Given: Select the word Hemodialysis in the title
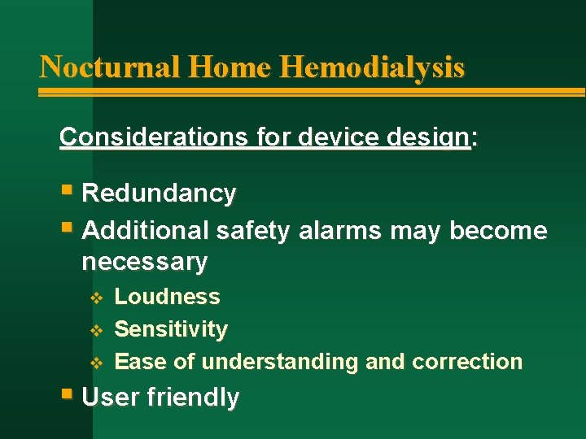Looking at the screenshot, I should [372, 66].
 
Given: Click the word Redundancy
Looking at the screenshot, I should [160, 193].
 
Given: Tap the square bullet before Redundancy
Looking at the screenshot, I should [66, 193].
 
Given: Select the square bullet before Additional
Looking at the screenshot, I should [66, 230].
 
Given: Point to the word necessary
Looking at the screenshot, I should [145, 262].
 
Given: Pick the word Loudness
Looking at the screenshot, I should [168, 297].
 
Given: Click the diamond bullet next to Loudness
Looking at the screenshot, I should [95, 298].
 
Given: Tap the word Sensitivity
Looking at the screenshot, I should [171, 329].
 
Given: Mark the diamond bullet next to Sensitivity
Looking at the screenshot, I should [95, 330].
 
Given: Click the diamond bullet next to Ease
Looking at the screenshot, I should [95, 362].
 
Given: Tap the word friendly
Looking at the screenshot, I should [194, 398].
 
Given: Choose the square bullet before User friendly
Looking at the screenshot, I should [66, 396].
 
